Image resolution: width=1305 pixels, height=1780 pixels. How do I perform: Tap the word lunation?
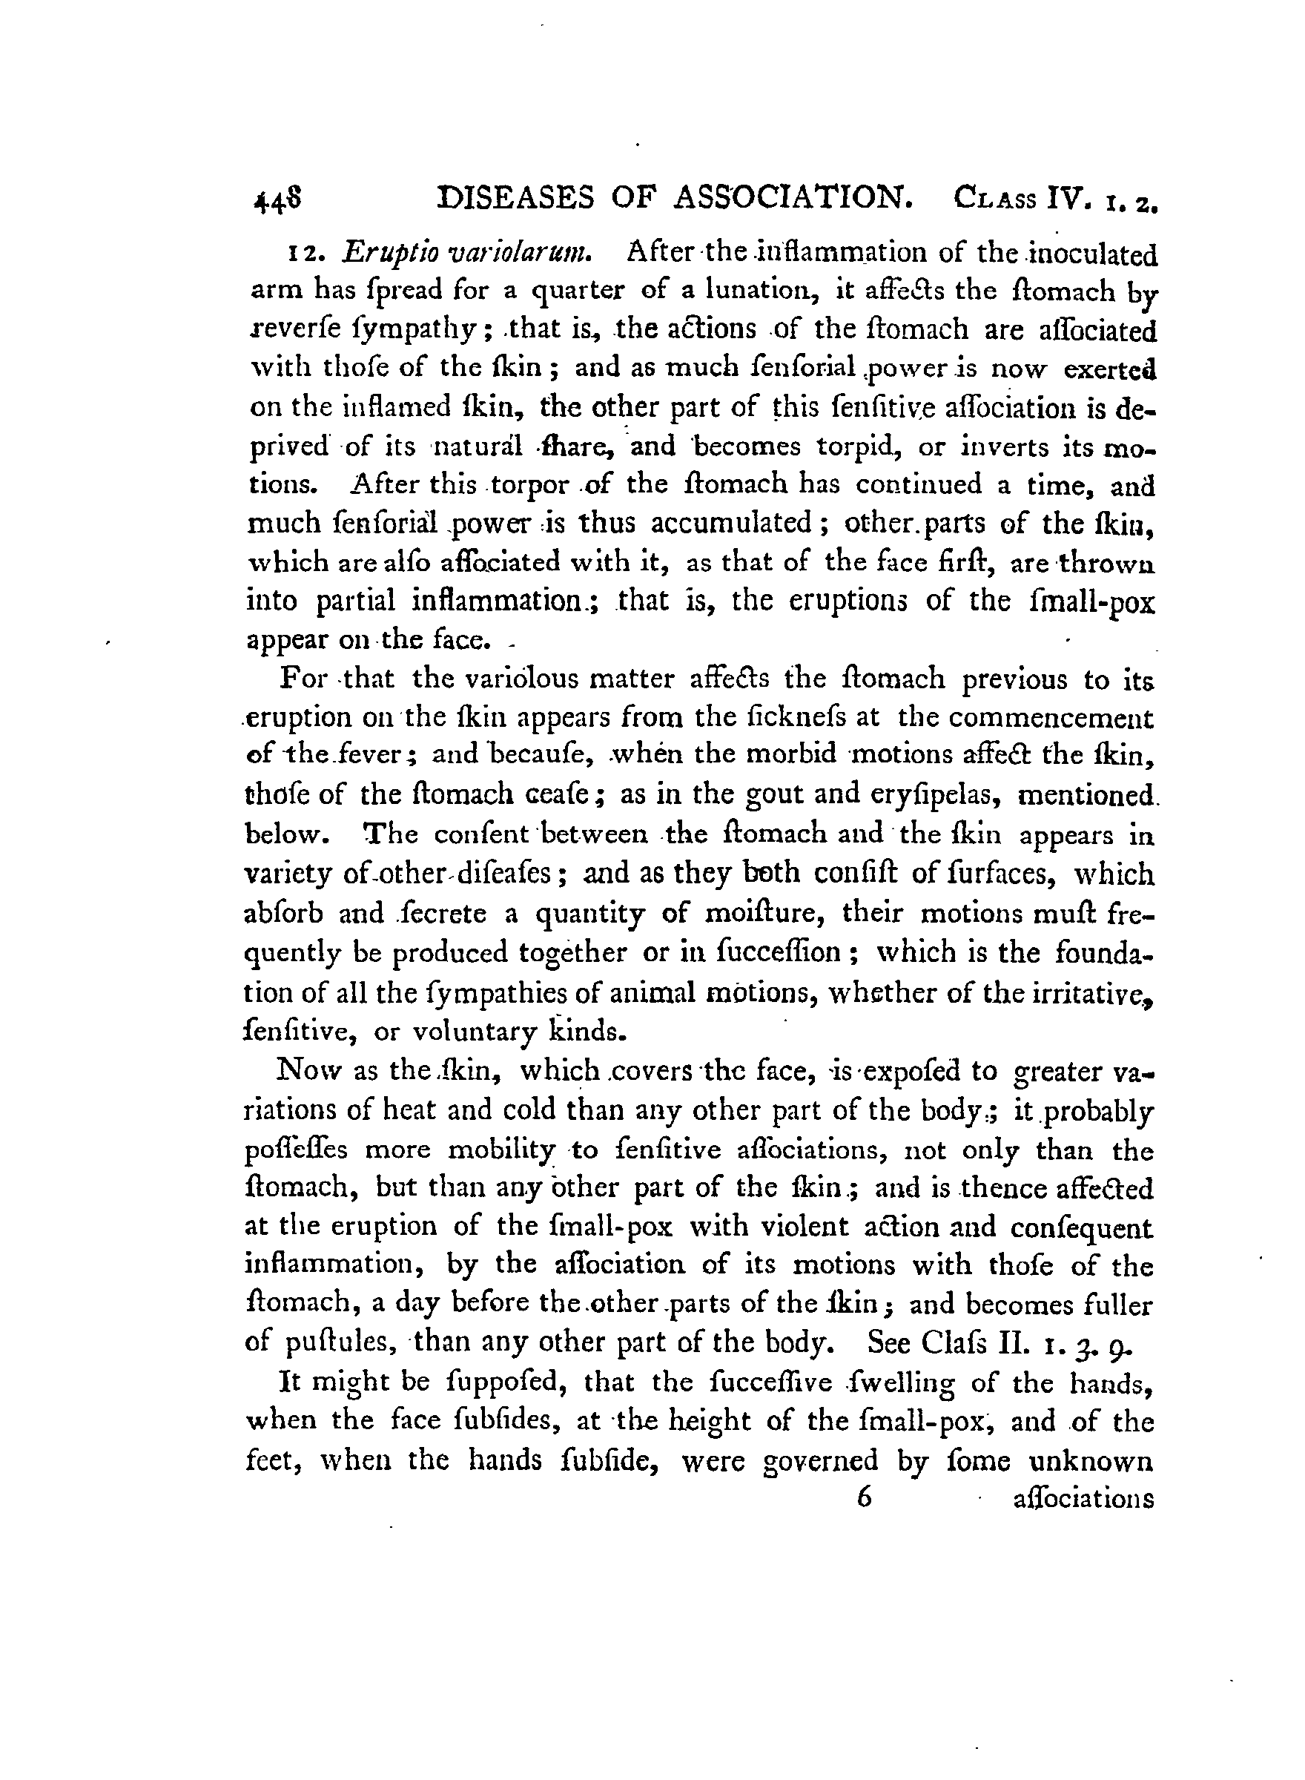coord(748,291)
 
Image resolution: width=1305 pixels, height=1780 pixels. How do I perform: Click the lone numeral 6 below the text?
coord(862,1498)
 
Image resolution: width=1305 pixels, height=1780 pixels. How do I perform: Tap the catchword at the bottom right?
coord(1083,1499)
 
